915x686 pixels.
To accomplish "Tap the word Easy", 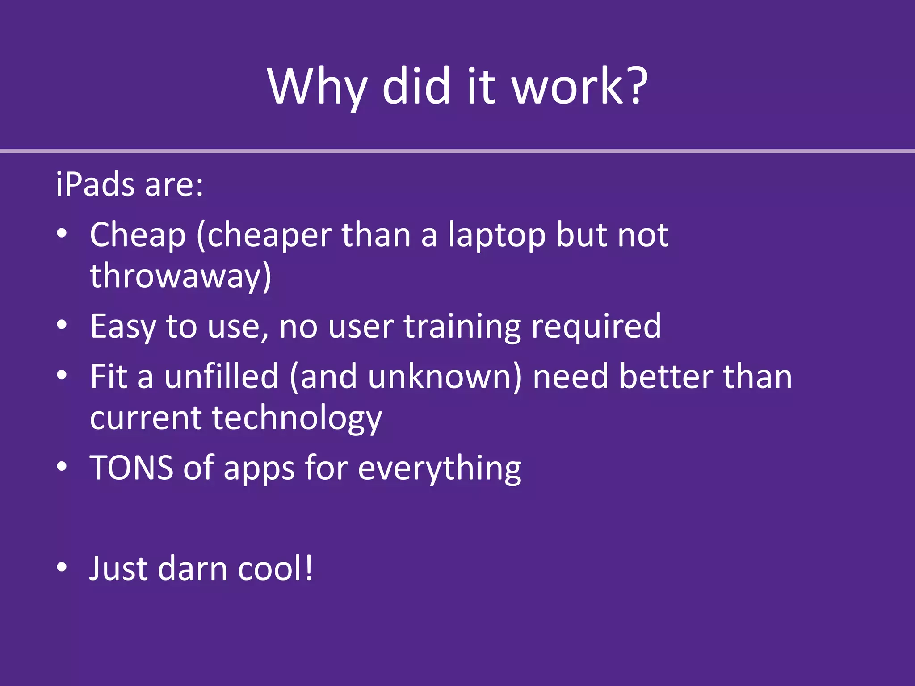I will (123, 326).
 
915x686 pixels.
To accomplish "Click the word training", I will (462, 326).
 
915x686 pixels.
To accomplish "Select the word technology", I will (297, 418).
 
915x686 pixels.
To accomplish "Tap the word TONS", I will (131, 468).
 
